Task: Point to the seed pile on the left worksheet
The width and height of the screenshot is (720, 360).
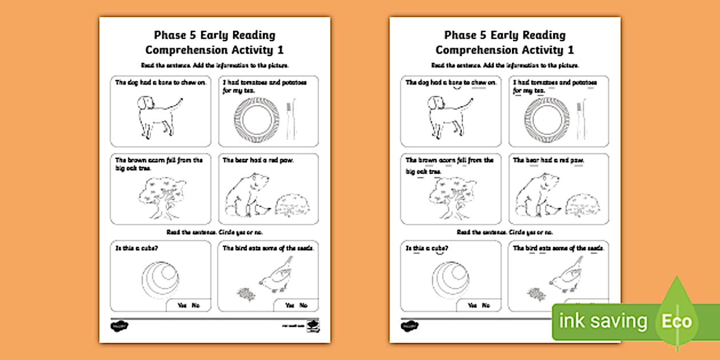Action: [x=246, y=294]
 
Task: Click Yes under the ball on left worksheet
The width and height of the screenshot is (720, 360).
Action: [x=182, y=306]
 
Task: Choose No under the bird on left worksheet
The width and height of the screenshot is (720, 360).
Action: [x=303, y=306]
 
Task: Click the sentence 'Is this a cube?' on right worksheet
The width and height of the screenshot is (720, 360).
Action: [x=427, y=249]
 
